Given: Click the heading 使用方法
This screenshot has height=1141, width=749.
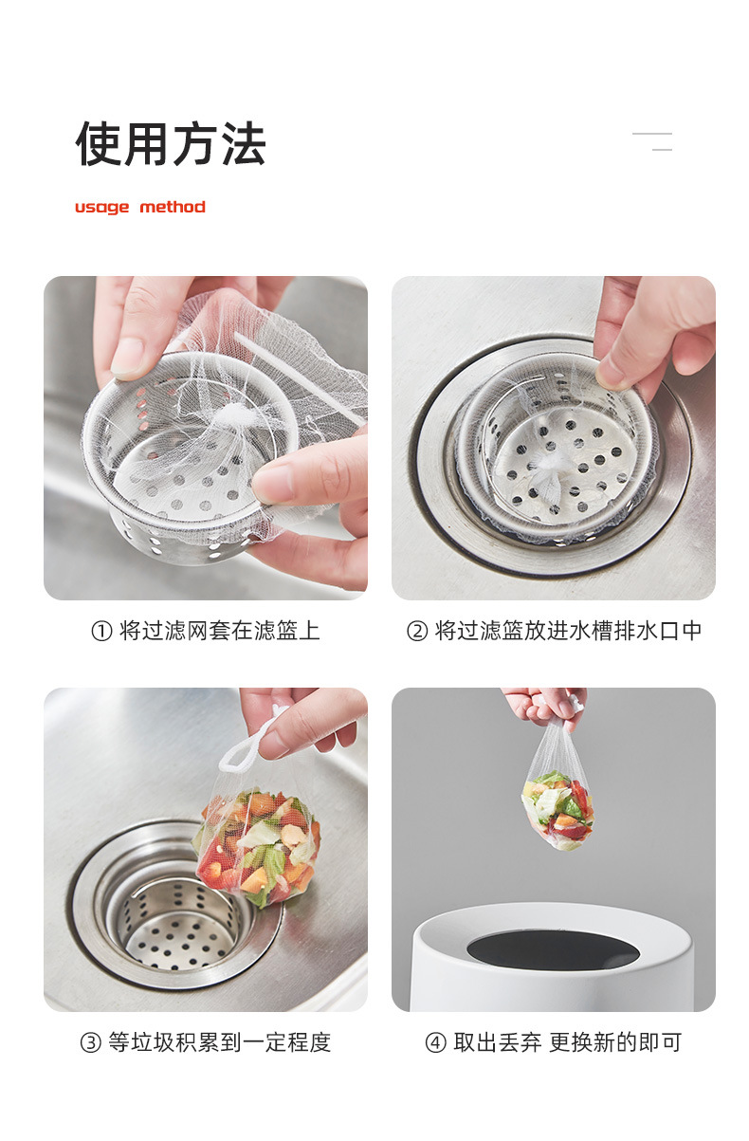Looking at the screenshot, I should (171, 145).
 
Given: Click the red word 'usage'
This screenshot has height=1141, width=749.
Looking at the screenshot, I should (101, 207).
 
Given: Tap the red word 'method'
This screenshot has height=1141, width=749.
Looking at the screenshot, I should (172, 207).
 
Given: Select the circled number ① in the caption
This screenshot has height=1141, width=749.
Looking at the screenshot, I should (101, 632).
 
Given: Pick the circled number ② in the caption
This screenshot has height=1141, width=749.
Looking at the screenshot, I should (417, 632).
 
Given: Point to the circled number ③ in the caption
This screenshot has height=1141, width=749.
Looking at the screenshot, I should (90, 1043).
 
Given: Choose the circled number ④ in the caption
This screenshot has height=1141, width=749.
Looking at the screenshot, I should (435, 1043).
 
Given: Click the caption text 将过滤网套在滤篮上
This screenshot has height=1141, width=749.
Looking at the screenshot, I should (219, 631).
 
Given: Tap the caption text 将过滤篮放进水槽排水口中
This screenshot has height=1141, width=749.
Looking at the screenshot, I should (568, 631).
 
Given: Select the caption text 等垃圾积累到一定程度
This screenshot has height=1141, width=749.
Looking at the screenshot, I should (219, 1042).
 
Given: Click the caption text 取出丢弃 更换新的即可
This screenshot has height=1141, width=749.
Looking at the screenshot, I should (567, 1042).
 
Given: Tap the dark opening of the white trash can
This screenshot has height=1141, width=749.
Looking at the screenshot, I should (552, 949).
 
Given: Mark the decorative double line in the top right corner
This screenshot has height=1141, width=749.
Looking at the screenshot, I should (652, 142).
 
